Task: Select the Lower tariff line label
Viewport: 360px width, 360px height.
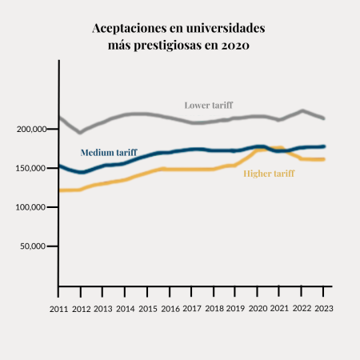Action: pyautogui.click(x=208, y=105)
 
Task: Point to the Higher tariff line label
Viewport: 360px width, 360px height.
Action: pyautogui.click(x=268, y=173)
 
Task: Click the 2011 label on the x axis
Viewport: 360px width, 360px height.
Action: pyautogui.click(x=58, y=309)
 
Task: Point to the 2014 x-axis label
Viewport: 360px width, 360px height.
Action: pyautogui.click(x=125, y=309)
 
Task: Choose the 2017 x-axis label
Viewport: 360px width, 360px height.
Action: pyautogui.click(x=192, y=309)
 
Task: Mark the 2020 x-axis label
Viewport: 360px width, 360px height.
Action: pyautogui.click(x=258, y=309)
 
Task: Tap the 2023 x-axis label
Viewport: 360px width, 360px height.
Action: pyautogui.click(x=324, y=309)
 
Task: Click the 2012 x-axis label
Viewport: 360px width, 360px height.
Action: pyautogui.click(x=81, y=309)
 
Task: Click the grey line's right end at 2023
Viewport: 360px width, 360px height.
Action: pyautogui.click(x=323, y=118)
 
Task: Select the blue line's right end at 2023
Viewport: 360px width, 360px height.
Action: pyautogui.click(x=324, y=146)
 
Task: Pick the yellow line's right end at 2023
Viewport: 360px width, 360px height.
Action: pyautogui.click(x=323, y=159)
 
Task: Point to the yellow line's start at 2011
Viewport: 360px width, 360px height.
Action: pyautogui.click(x=60, y=190)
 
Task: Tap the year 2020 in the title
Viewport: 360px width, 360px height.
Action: pyautogui.click(x=234, y=46)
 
